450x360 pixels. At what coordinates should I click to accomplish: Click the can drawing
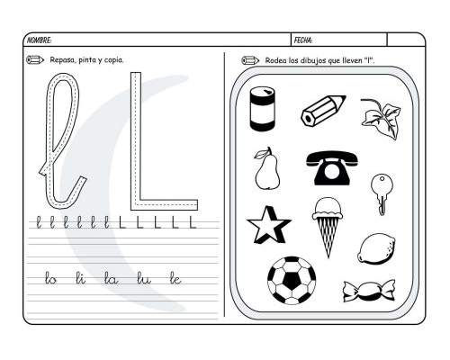263,109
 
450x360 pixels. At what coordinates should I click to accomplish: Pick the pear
266,168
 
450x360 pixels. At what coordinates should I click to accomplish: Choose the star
267,226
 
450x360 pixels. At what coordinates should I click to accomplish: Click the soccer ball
292,280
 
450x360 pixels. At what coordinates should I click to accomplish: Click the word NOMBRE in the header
40,40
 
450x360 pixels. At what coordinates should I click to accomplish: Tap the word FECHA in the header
303,40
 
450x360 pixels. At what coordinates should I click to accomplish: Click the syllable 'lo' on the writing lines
51,280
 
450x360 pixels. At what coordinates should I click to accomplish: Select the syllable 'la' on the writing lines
111,280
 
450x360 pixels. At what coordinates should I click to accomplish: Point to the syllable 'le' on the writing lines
175,280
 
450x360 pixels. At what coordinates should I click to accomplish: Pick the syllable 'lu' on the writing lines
143,280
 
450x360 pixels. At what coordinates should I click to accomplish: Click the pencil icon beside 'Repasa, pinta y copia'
36,60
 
